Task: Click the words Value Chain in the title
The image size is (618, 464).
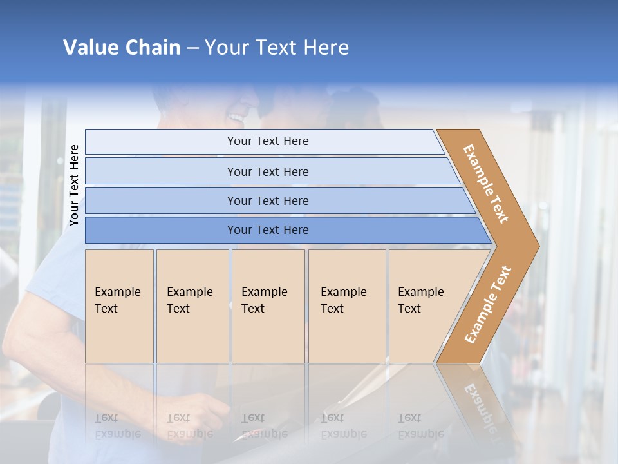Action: (122, 48)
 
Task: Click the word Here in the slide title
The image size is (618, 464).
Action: (326, 48)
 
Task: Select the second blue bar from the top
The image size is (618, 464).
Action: (268, 171)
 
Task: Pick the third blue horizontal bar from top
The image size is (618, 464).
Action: (268, 200)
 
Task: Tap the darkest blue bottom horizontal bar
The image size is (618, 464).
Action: (268, 230)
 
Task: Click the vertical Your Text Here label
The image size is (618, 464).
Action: (74, 185)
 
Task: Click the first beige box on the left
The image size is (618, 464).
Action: (119, 306)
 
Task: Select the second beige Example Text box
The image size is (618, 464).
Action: (192, 306)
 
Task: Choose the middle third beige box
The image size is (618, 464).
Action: (268, 306)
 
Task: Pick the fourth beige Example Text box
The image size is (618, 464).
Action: (347, 306)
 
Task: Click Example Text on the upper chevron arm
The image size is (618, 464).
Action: (486, 184)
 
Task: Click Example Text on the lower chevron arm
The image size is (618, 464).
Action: (488, 304)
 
